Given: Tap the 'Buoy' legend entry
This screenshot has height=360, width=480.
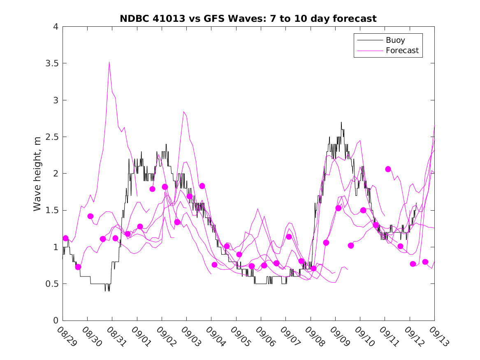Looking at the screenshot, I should tap(395, 40).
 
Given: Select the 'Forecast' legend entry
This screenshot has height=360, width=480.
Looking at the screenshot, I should tap(402, 51).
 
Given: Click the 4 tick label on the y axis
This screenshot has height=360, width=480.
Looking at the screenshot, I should tap(55, 27).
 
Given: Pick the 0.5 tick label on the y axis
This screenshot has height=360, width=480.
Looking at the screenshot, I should tap(52, 284).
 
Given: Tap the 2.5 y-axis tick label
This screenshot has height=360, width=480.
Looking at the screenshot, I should tap(52, 137).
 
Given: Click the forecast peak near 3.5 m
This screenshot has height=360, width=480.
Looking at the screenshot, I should tap(109, 62).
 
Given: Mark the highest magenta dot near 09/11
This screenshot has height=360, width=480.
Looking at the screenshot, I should tap(388, 169).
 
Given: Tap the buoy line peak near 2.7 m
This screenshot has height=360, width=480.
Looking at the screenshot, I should tap(341, 122).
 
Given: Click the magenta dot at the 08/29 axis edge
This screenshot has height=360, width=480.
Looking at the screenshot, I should tap(65, 238).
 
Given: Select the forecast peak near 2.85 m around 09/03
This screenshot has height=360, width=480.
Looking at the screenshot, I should tap(184, 111).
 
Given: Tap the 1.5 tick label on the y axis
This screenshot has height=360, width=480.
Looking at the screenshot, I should tap(52, 210).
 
